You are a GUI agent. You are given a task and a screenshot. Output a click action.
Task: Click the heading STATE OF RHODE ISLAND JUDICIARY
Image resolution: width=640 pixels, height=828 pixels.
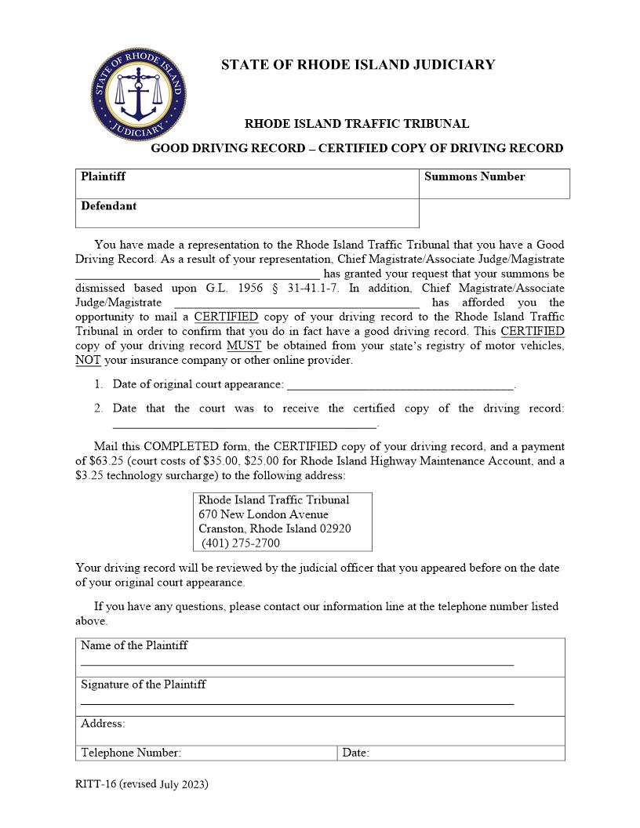(x=358, y=65)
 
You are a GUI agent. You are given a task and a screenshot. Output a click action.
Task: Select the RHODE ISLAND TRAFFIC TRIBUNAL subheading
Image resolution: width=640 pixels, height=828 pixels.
(x=357, y=124)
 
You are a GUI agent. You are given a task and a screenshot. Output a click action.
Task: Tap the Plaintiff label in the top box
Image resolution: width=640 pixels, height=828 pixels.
(x=103, y=176)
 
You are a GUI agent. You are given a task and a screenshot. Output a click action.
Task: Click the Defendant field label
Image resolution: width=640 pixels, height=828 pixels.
(x=108, y=206)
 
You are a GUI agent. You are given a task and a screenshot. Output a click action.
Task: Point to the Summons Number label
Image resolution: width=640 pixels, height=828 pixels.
(x=474, y=176)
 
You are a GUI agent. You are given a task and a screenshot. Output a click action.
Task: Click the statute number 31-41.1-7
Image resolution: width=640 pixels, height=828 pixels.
(x=313, y=288)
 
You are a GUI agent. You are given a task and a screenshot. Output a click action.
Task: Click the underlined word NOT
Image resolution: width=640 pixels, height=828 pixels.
(x=88, y=361)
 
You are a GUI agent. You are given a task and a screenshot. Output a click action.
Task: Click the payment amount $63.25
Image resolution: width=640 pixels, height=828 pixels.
(x=108, y=461)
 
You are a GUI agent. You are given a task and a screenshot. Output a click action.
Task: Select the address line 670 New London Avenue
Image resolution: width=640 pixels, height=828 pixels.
(x=264, y=514)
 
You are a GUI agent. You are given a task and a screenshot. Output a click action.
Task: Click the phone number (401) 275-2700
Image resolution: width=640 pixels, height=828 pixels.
(x=240, y=543)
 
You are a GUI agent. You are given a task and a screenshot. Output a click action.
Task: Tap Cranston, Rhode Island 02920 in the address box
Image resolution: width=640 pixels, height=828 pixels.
(x=275, y=528)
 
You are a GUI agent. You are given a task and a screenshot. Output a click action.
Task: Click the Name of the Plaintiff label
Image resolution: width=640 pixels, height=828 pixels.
(x=134, y=646)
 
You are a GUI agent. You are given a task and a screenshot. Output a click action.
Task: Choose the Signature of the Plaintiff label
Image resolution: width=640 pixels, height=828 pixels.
(x=144, y=685)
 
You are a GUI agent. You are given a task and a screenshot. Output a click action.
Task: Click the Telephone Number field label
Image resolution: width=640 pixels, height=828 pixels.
(x=131, y=753)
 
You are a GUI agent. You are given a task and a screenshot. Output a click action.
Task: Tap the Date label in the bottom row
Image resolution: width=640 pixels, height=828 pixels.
(x=355, y=753)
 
